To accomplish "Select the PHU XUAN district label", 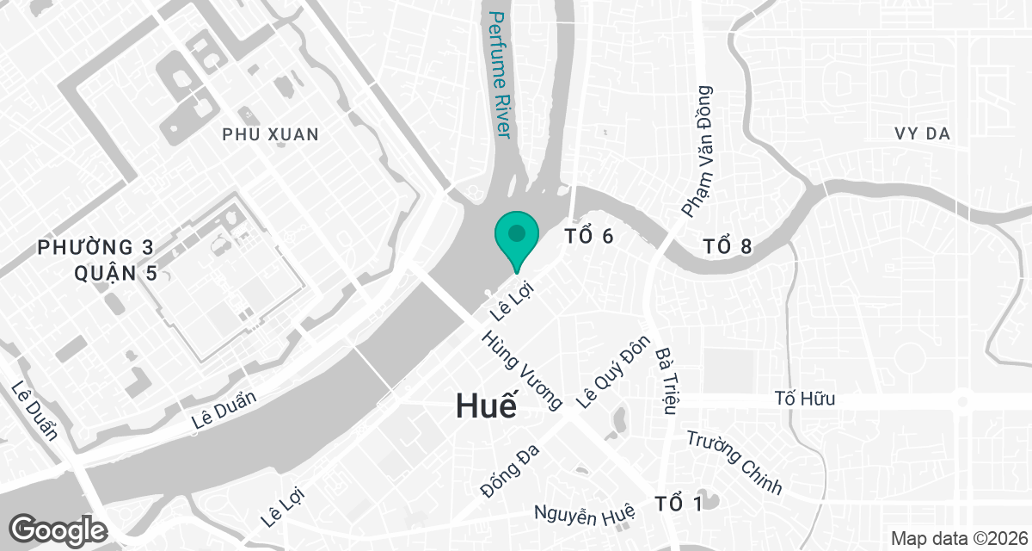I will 270,134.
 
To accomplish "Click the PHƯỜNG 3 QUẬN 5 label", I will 96,261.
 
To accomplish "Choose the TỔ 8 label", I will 727,247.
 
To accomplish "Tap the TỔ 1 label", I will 678,503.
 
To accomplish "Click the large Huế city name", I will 487,405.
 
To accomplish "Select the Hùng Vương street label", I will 522,370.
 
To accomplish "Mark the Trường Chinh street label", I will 734,462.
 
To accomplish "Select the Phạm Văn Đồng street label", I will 697,151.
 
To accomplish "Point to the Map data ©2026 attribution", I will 956,538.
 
